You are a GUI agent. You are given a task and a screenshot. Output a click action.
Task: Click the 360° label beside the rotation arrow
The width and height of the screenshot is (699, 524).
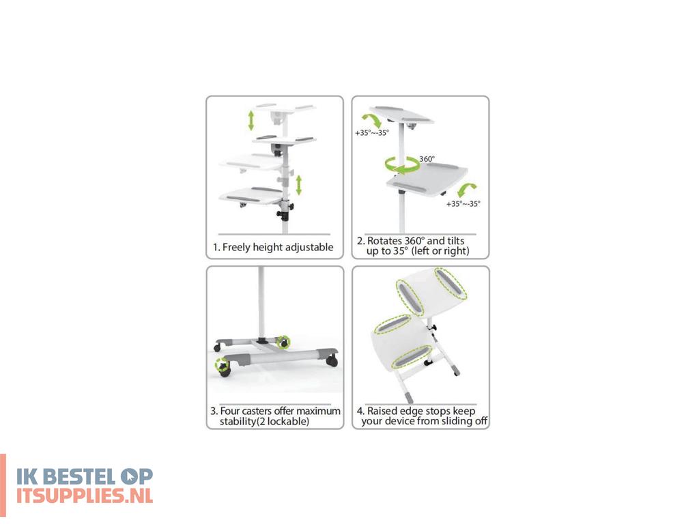point(427,158)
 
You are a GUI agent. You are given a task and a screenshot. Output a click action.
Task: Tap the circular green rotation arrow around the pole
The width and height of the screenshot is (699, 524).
point(401,165)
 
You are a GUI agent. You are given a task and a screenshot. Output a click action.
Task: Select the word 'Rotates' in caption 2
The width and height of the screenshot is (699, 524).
point(386,241)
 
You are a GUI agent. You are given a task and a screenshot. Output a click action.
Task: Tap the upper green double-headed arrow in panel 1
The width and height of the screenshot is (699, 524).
point(251,119)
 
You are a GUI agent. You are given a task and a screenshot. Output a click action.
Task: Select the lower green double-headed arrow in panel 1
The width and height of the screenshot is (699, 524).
point(298,184)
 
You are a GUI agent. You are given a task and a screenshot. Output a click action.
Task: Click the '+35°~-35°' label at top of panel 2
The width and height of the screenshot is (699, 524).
point(372,132)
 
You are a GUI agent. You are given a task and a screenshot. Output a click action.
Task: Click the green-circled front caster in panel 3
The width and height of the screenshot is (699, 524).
point(221,366)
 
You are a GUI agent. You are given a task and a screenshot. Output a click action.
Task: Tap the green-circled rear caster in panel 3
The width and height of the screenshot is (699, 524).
point(283,340)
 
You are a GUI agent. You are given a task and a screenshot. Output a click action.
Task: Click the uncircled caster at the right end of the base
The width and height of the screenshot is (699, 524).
point(332,360)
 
